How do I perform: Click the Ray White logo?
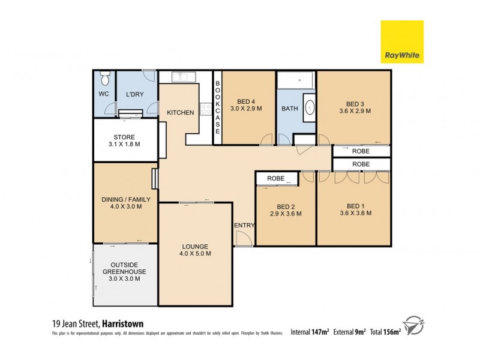pos(402,41)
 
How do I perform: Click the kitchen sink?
pos(181,76)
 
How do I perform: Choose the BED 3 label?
pos(354,102)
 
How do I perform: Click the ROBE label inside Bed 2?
pos(276,178)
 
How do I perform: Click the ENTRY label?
pos(245,226)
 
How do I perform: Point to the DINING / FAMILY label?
pos(122,199)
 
